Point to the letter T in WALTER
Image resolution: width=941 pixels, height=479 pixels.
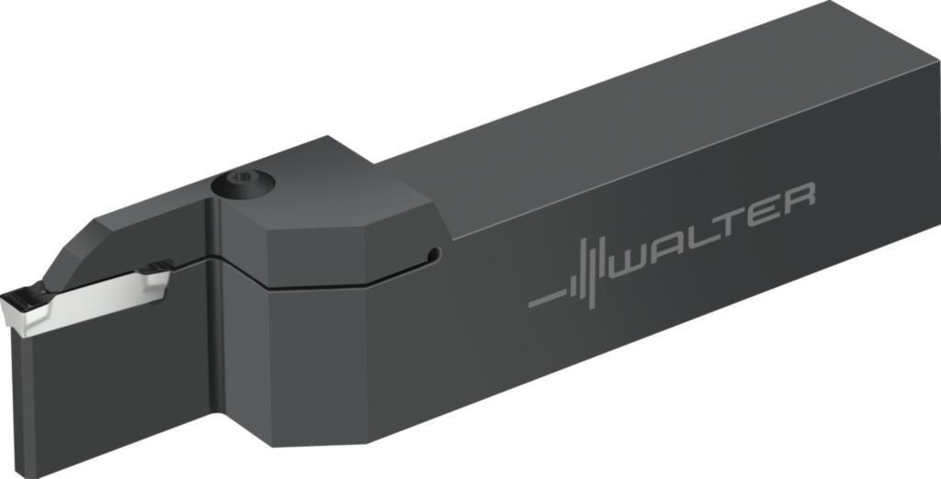[x=729, y=224]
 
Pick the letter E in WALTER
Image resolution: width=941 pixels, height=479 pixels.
[x=764, y=214]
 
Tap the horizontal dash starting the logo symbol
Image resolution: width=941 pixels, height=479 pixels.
[x=548, y=298]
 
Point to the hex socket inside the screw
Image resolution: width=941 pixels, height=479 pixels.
[x=243, y=177]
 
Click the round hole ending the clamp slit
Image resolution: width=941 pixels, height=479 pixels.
[x=434, y=254]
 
